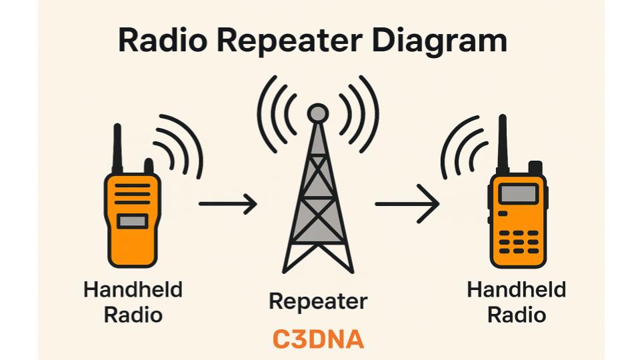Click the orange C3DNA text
(319, 339)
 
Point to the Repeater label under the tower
(318, 302)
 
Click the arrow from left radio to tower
(227, 204)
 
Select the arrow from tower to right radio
(407, 204)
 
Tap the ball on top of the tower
(319, 113)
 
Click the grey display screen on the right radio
(518, 194)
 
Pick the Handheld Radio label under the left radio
(133, 302)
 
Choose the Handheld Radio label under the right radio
(517, 302)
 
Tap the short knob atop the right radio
(535, 167)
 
